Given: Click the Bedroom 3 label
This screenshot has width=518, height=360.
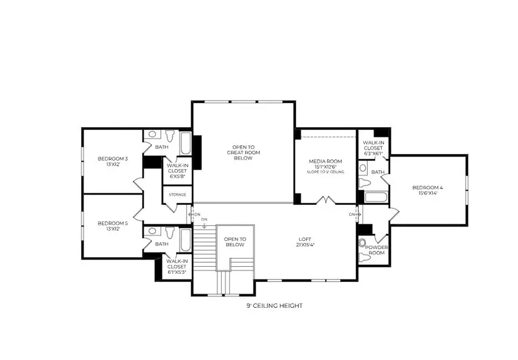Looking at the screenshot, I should (x=112, y=161).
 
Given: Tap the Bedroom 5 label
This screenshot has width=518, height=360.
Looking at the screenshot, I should (x=112, y=226).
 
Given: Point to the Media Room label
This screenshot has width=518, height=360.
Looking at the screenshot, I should (x=325, y=161).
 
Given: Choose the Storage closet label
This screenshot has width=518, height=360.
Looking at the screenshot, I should (x=177, y=195).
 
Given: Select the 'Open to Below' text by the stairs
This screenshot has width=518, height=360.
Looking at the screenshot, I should (x=235, y=242).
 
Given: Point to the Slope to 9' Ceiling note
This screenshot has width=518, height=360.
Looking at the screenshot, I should (x=325, y=172).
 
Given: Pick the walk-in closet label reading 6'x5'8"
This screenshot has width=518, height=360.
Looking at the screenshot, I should (x=177, y=167).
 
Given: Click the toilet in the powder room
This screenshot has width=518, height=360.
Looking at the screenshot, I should (x=363, y=242).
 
